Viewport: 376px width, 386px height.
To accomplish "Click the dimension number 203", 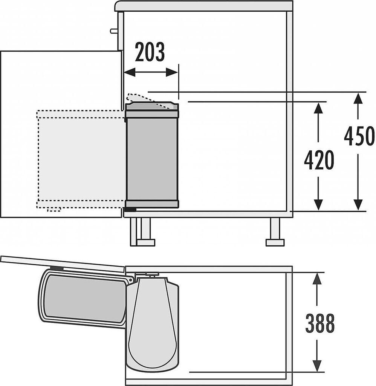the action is pos(150,52).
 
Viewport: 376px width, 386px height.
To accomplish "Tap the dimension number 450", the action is pos(359,136).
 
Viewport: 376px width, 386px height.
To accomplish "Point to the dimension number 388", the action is pos(319,323).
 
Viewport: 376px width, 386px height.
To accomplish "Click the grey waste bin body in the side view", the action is pos(152,158).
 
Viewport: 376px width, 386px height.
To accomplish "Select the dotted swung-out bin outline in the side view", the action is pos(81,158).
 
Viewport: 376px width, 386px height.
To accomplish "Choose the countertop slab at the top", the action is pos(203,6).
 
